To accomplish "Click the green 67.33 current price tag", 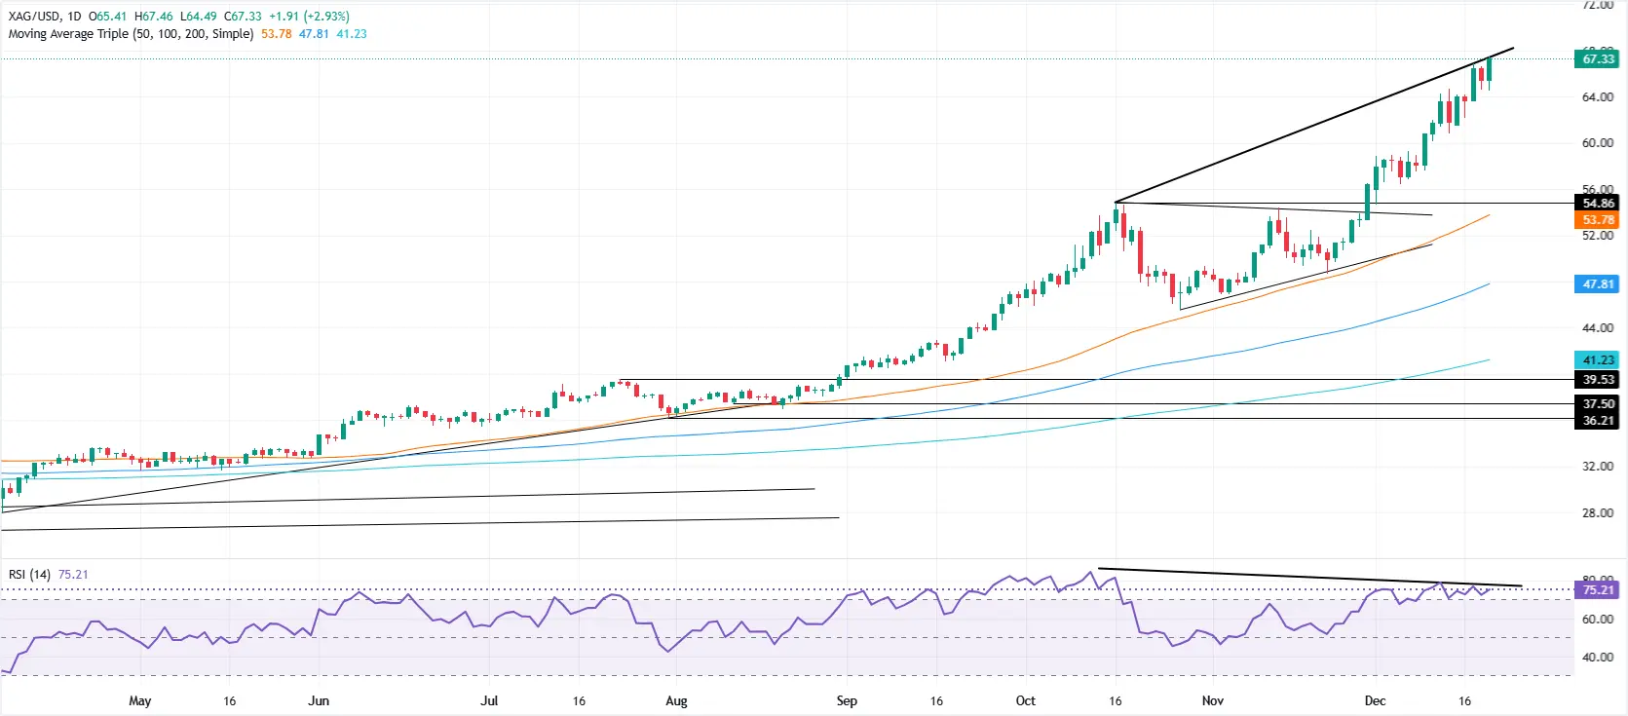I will pyautogui.click(x=1597, y=59).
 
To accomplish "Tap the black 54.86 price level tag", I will pyautogui.click(x=1597, y=204).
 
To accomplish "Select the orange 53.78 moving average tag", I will pyautogui.click(x=1597, y=220).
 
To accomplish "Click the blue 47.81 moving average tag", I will pyautogui.click(x=1597, y=284).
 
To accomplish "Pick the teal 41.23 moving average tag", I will pyautogui.click(x=1597, y=360).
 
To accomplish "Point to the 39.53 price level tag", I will pyautogui.click(x=1597, y=380).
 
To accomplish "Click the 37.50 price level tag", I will pyautogui.click(x=1597, y=403).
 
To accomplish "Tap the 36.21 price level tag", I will pyautogui.click(x=1597, y=421).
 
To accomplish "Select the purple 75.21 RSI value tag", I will pyautogui.click(x=1597, y=590).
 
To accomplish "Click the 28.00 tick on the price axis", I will pyautogui.click(x=1597, y=513).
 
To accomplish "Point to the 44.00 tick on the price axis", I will pyautogui.click(x=1597, y=328).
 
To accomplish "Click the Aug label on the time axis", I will pyautogui.click(x=676, y=701).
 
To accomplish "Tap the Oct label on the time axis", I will pyautogui.click(x=1025, y=701).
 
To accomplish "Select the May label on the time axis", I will pyautogui.click(x=140, y=701).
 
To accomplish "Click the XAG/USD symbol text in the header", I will pyautogui.click(x=34, y=17).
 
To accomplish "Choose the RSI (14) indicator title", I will pyautogui.click(x=29, y=575).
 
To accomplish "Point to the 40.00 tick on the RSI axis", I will pyautogui.click(x=1597, y=658).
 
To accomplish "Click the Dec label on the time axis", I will pyautogui.click(x=1375, y=701).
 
